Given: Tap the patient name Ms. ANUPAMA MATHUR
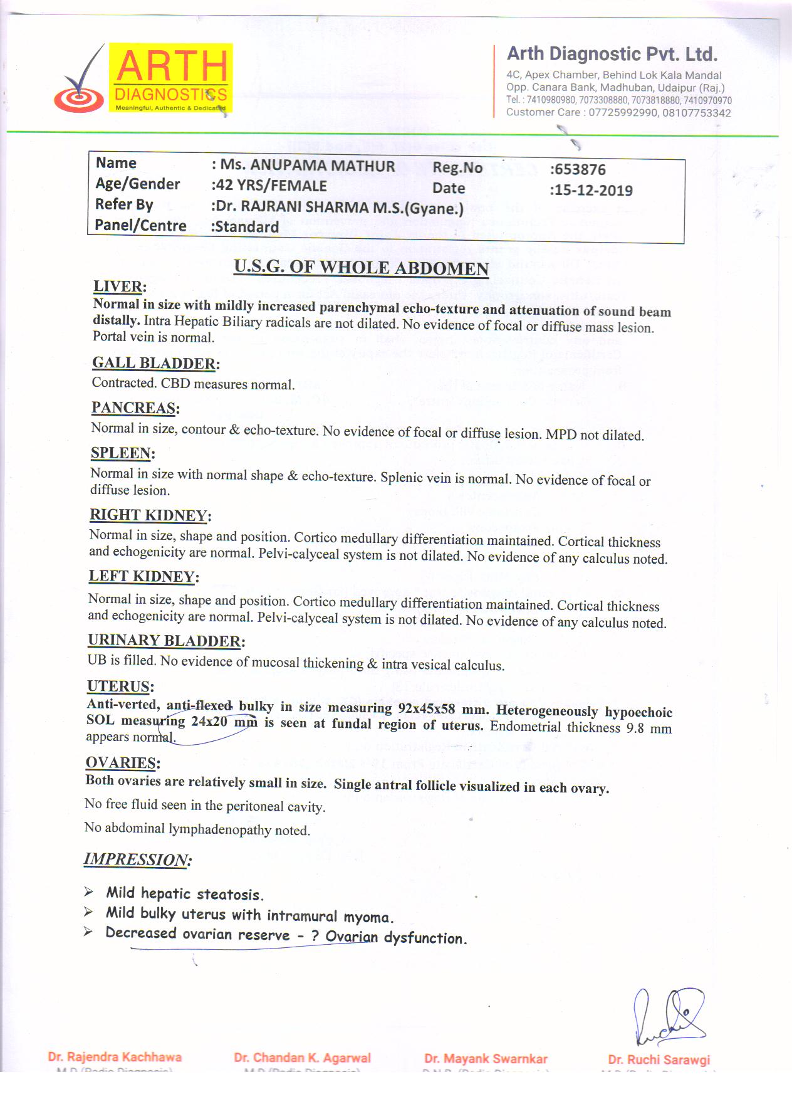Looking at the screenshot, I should tap(303, 166).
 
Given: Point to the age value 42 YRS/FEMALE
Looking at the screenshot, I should tap(269, 186).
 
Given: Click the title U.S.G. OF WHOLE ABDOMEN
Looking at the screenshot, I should tap(361, 268).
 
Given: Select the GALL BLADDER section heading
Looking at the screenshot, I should tap(155, 363).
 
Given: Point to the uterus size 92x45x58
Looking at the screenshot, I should tap(426, 709).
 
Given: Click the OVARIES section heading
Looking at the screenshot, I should tap(123, 763).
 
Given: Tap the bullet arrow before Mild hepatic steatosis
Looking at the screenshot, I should tap(89, 891).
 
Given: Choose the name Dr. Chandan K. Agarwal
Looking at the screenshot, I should tap(302, 1058).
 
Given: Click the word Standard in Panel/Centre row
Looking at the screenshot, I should tap(244, 227).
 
